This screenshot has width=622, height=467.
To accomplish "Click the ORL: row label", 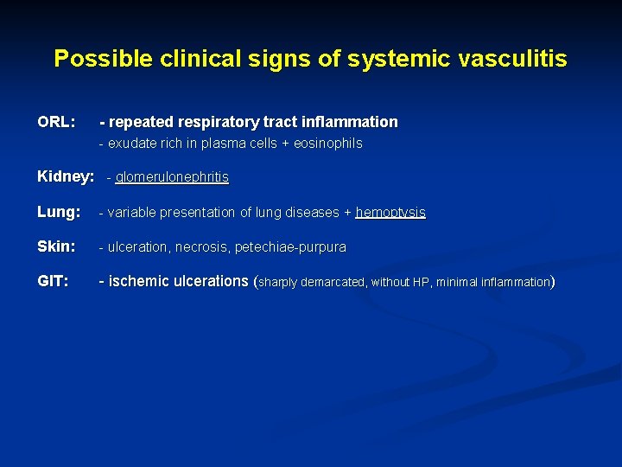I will click(57, 122).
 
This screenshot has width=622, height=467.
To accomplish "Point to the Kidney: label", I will click(66, 177).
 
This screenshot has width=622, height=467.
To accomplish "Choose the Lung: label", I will click(59, 212).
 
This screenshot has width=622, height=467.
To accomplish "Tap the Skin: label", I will click(57, 246).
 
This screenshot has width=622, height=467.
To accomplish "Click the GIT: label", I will click(54, 281).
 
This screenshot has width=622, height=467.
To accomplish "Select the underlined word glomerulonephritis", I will click(172, 177).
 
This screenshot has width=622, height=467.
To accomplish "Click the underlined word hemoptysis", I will click(390, 213).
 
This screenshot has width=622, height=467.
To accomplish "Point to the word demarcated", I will click(333, 282).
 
